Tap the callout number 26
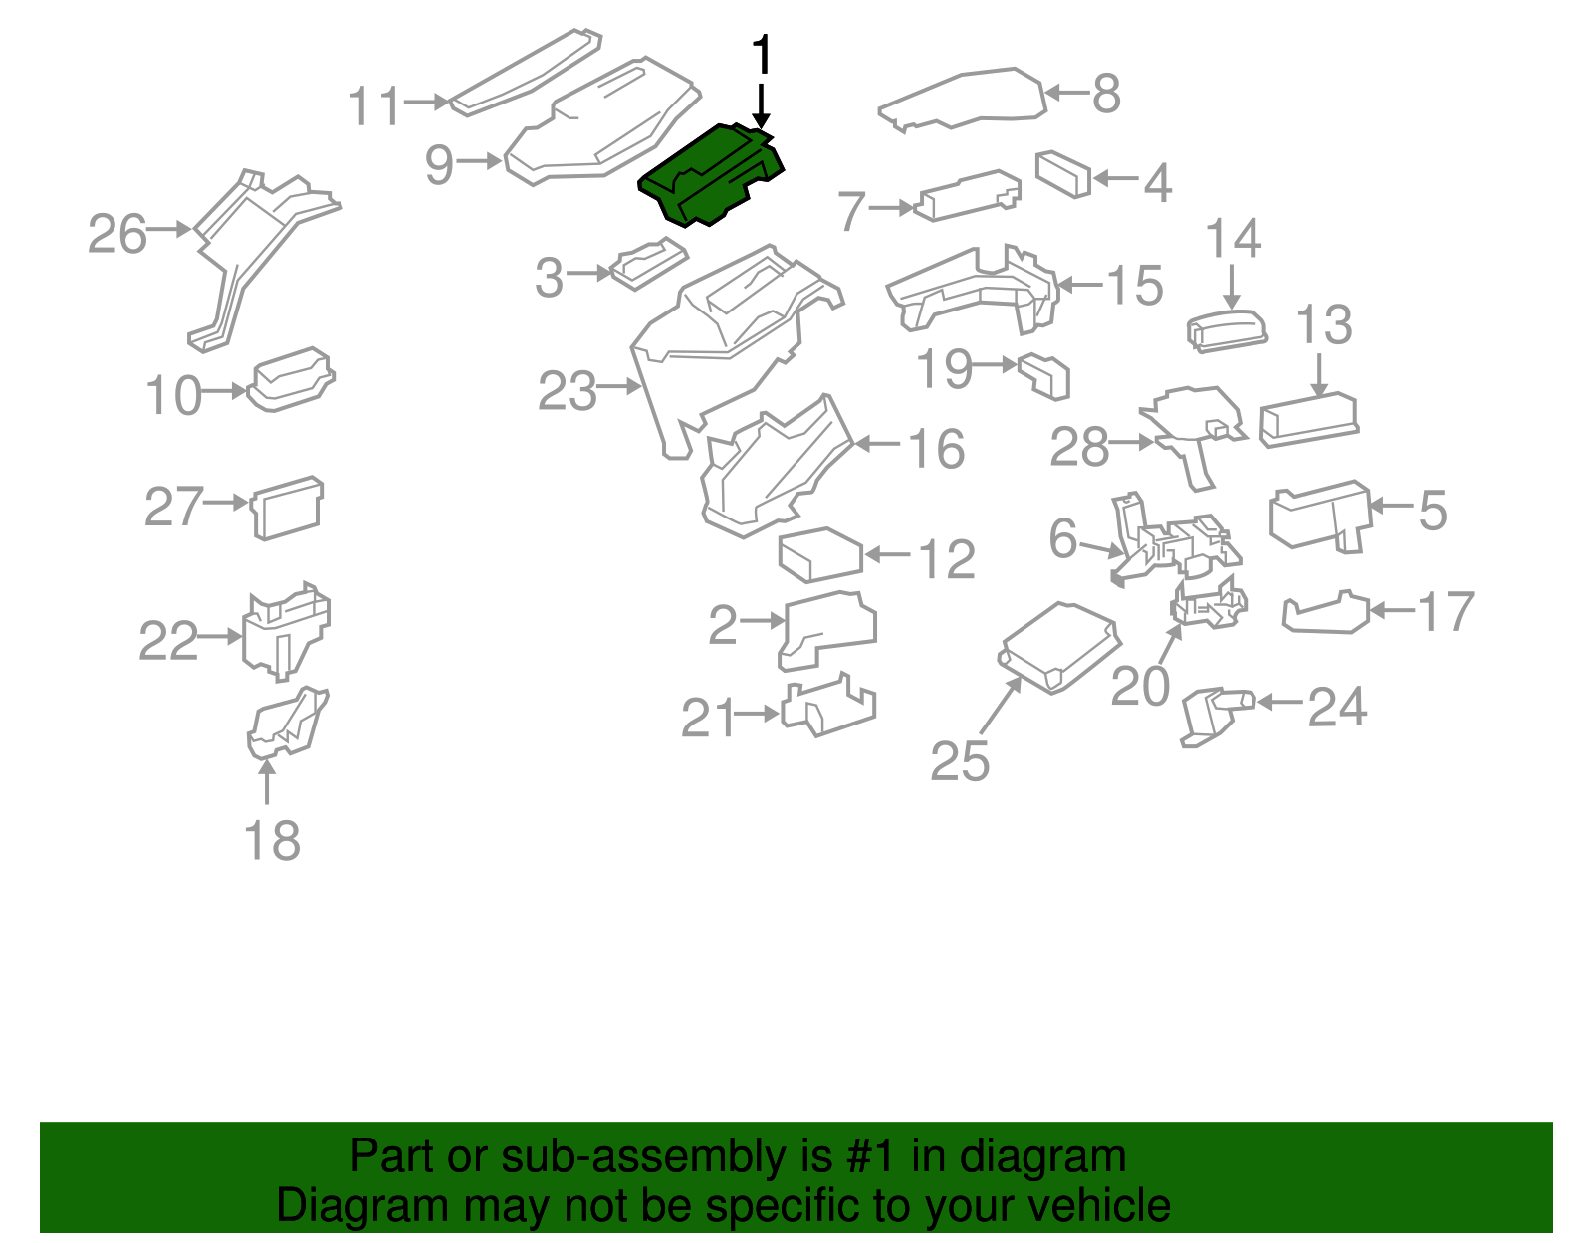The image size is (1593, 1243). pyautogui.click(x=116, y=235)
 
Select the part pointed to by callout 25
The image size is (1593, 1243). pyautogui.click(x=1059, y=647)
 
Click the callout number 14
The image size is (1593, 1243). pyautogui.click(x=1233, y=240)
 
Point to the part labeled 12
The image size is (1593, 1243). pyautogui.click(x=819, y=555)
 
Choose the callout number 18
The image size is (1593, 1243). pyautogui.click(x=271, y=841)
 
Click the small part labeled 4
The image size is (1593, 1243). pyautogui.click(x=1063, y=173)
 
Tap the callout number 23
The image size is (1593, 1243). pyautogui.click(x=567, y=391)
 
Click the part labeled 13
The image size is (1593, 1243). pyautogui.click(x=1307, y=420)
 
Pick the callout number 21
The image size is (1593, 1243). pyautogui.click(x=707, y=718)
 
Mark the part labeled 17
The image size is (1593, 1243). pyautogui.click(x=1324, y=614)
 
